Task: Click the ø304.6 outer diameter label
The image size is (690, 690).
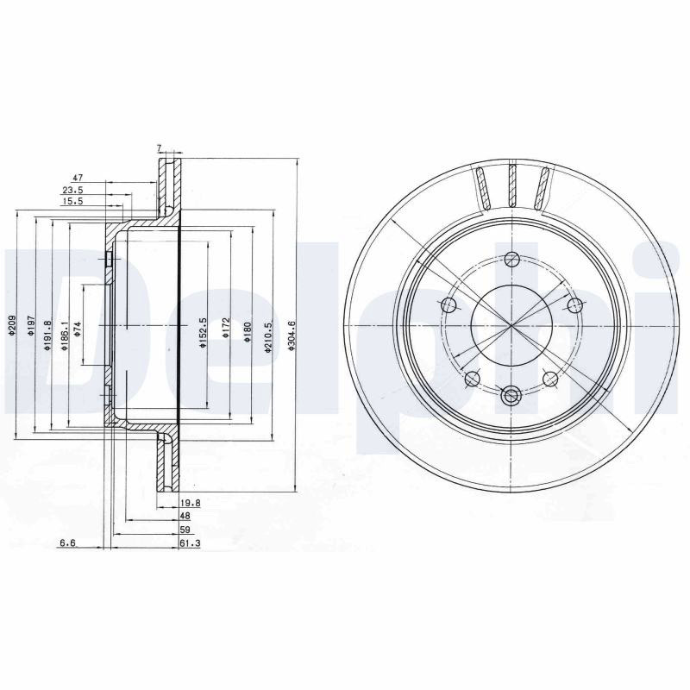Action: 291,336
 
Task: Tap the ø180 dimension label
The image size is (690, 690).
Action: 247,332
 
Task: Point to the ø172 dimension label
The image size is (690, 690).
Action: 226,328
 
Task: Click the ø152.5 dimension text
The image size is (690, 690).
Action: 203,333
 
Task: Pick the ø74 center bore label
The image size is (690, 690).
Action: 78,329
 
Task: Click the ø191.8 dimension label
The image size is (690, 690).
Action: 47,336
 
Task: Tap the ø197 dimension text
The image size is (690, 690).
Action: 30,327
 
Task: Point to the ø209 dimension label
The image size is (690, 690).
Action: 12,326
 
